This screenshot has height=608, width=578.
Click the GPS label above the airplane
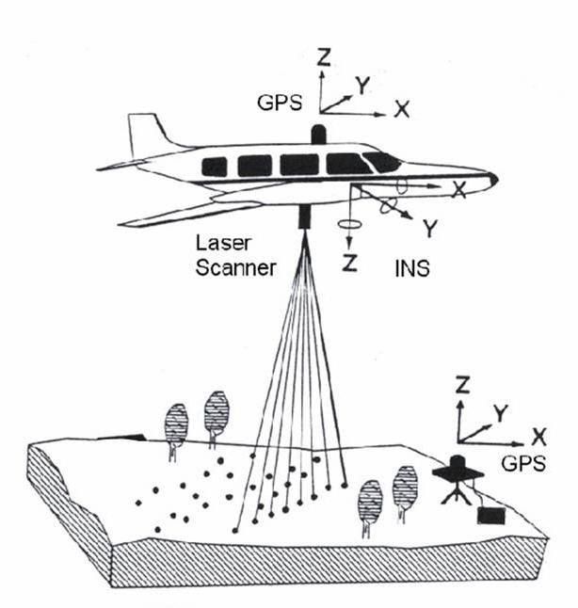[280, 103]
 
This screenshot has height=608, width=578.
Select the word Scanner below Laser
[235, 267]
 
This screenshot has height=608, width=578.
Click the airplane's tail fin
[149, 135]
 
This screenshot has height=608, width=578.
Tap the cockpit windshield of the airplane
[382, 161]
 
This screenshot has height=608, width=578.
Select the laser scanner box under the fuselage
[306, 216]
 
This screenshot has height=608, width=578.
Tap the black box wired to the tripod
[490, 515]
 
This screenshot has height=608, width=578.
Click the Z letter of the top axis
[322, 57]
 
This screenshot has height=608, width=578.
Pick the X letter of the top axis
[402, 108]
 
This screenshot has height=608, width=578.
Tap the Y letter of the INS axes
[431, 227]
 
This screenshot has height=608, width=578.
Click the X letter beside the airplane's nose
[459, 190]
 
